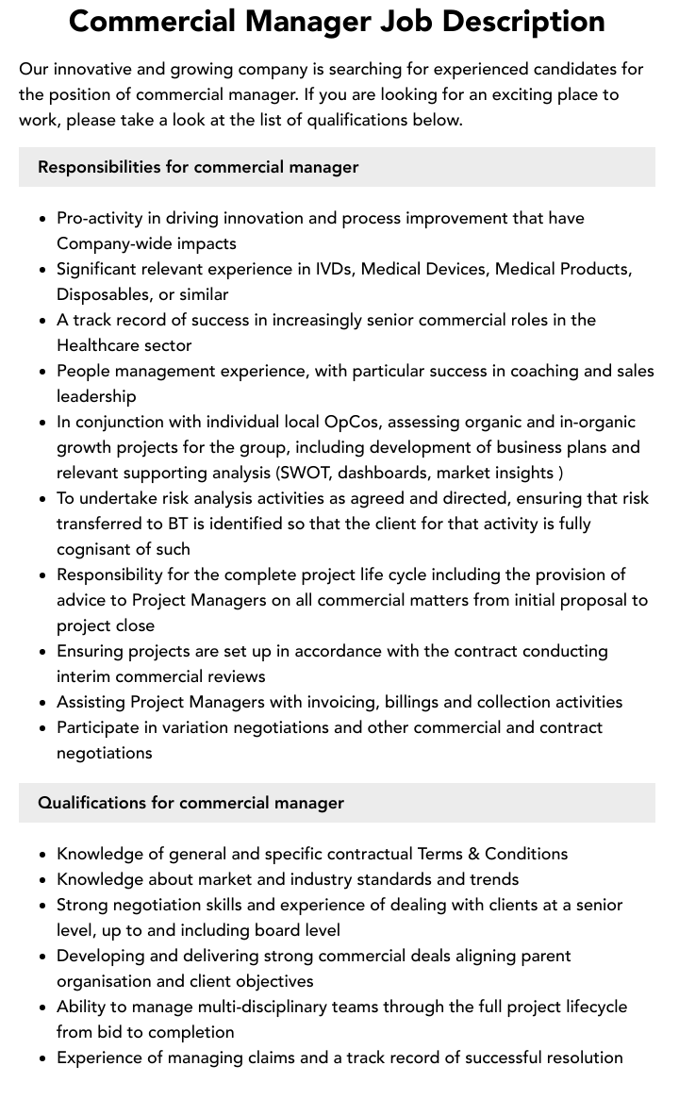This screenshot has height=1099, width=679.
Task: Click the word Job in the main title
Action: coord(411,21)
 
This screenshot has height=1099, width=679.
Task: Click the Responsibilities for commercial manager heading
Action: coord(198,167)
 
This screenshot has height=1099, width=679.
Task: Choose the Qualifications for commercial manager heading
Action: coord(190,803)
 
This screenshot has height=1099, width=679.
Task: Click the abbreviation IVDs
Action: coord(335,269)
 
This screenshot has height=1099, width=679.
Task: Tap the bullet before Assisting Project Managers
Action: coord(42,703)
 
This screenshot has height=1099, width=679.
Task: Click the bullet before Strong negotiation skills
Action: coord(42,906)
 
